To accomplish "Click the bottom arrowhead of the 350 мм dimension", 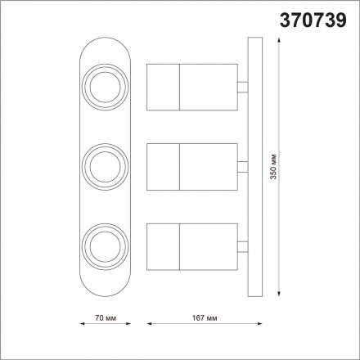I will pyautogui.click(x=281, y=300).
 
